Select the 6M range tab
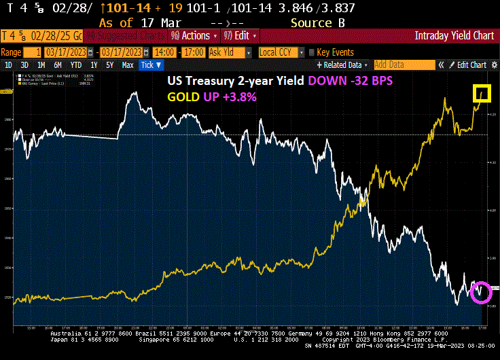[58, 65]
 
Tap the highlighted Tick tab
[150, 65]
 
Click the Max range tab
[127, 65]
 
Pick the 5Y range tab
[109, 65]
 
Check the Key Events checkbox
[312, 52]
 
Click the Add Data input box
[404, 65]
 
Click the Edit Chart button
[470, 65]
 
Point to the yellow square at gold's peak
[482, 94]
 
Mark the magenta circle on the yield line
[481, 291]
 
